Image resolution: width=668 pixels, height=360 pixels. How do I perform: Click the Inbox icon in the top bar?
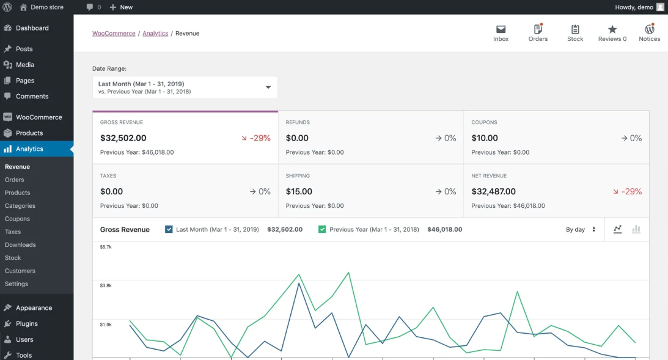501,29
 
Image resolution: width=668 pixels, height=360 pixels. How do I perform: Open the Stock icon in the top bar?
575,29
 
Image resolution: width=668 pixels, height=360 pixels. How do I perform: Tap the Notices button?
650,29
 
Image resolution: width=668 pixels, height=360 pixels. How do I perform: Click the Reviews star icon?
612,29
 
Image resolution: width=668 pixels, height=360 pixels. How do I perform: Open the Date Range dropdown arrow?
268,87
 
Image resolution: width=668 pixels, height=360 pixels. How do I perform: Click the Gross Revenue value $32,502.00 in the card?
123,138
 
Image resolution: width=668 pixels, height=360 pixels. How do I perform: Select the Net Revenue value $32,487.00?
493,191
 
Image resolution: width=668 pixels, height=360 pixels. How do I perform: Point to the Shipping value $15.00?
299,191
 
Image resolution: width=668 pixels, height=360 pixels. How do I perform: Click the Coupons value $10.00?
485,138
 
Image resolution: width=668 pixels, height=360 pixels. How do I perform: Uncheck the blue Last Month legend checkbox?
169,230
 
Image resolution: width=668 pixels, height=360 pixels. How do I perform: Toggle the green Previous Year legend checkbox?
322,230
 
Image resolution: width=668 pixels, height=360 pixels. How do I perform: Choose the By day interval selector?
580,230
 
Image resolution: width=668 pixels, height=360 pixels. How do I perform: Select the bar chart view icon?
636,229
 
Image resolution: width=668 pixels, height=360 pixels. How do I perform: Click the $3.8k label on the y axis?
106,285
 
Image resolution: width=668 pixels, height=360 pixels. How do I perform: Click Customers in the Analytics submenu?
20,271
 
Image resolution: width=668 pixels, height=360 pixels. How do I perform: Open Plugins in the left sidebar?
27,323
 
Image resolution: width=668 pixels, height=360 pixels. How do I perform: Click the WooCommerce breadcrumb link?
114,34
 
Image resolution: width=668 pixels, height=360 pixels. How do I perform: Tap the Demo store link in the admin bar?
47,7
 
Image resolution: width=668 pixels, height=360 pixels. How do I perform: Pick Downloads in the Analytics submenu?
20,244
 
